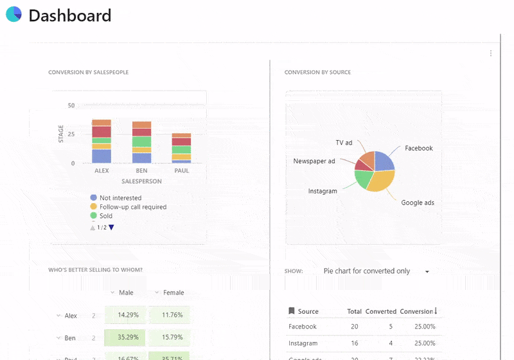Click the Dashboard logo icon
tap(13, 14)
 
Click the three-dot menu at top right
tap(491, 53)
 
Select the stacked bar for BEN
tap(141, 142)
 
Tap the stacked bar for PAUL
tap(181, 148)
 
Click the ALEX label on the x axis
tap(102, 171)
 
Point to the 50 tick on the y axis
tap(71, 105)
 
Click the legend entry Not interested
tap(120, 198)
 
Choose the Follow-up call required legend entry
tap(132, 207)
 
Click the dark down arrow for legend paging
tap(111, 228)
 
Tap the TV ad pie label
tap(344, 142)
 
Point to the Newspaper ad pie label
tap(314, 161)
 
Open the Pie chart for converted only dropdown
tap(376, 271)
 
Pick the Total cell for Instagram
tap(354, 343)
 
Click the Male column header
tap(126, 292)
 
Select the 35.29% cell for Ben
tap(128, 337)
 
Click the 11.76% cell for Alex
tap(172, 315)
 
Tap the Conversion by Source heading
tap(317, 72)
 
